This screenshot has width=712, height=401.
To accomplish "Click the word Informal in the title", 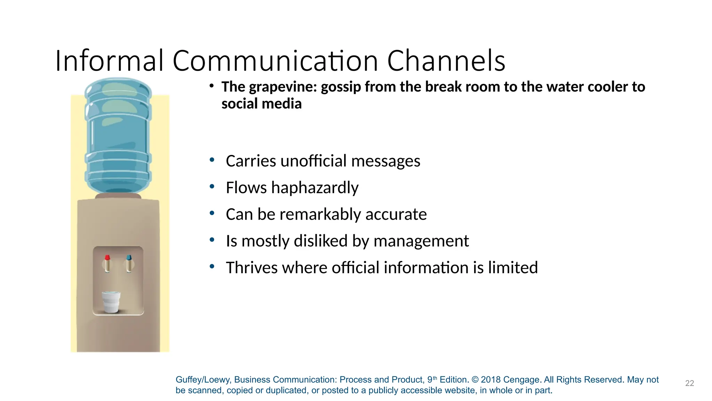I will [x=109, y=61].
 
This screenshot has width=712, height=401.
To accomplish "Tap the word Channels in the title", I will [x=446, y=61].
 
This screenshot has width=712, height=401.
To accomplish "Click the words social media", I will [x=261, y=104].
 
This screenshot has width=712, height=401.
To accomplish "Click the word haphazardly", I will [x=315, y=188].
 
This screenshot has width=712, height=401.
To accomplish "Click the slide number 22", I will [x=689, y=383].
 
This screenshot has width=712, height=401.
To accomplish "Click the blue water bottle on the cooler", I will [x=118, y=136].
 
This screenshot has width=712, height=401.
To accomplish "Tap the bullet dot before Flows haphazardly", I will [x=212, y=187].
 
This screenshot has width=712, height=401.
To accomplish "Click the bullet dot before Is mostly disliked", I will [x=212, y=240].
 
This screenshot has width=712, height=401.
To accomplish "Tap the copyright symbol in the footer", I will [x=475, y=380].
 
